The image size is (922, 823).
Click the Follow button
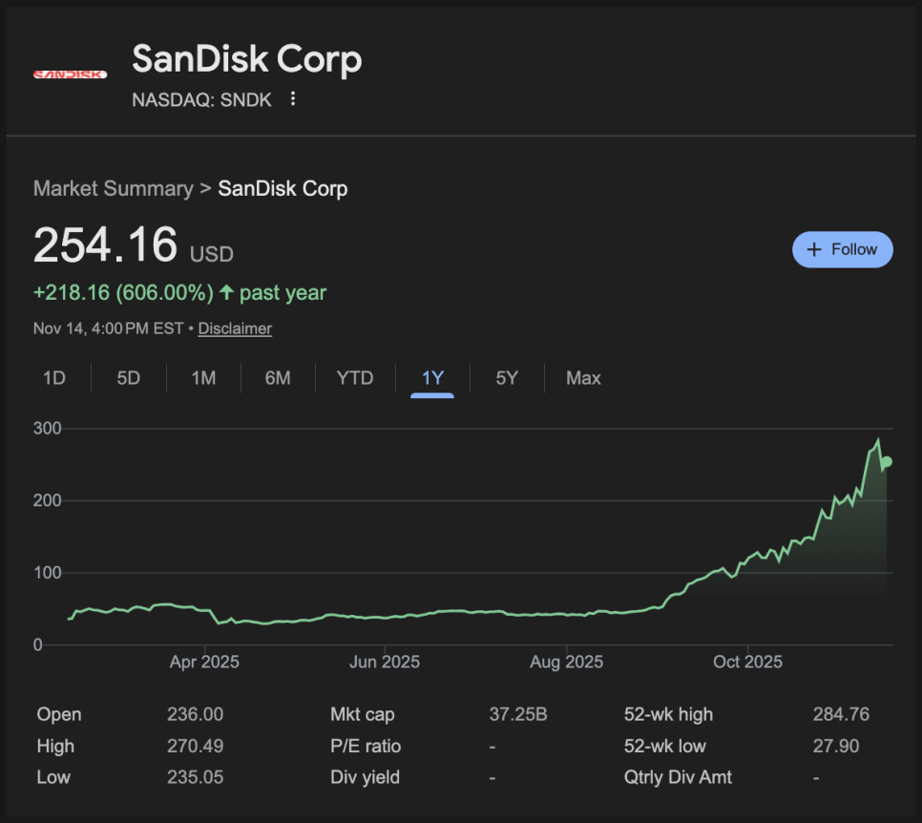(x=842, y=249)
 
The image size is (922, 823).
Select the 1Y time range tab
(x=432, y=378)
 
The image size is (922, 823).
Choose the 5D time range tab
(x=128, y=378)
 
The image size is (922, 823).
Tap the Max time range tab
(x=583, y=378)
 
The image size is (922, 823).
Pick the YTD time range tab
(x=354, y=378)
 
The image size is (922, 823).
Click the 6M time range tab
(x=278, y=378)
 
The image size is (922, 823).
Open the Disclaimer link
(x=235, y=328)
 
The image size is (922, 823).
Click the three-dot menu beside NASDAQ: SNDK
(x=293, y=98)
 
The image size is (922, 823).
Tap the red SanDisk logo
(x=70, y=74)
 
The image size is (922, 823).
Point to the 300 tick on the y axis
(x=48, y=429)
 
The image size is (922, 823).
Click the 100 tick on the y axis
(x=48, y=573)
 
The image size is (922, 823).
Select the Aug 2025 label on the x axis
(x=566, y=662)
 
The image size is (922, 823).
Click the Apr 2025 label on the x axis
(x=204, y=662)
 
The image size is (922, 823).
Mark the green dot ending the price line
(x=887, y=462)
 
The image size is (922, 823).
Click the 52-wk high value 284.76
(x=841, y=714)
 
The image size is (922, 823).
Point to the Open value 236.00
(x=195, y=714)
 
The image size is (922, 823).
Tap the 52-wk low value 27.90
(x=841, y=746)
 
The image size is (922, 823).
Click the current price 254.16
(x=105, y=244)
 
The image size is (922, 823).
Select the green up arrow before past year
(x=226, y=292)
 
